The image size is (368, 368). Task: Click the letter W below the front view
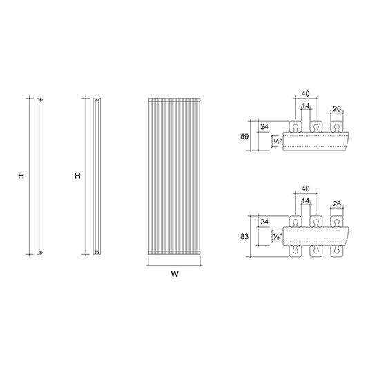pyautogui.click(x=175, y=274)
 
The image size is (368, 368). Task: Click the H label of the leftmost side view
pyautogui.click(x=21, y=177)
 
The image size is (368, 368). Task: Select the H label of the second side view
pyautogui.click(x=77, y=177)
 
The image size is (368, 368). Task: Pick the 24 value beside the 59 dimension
pyautogui.click(x=264, y=126)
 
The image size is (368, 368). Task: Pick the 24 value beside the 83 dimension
pyautogui.click(x=264, y=222)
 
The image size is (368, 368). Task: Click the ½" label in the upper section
pyautogui.click(x=277, y=142)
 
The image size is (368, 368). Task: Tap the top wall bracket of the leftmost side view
pyautogui.click(x=42, y=101)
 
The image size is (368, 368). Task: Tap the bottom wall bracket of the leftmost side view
pyautogui.click(x=42, y=253)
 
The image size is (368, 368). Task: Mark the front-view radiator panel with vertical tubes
pyautogui.click(x=175, y=177)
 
